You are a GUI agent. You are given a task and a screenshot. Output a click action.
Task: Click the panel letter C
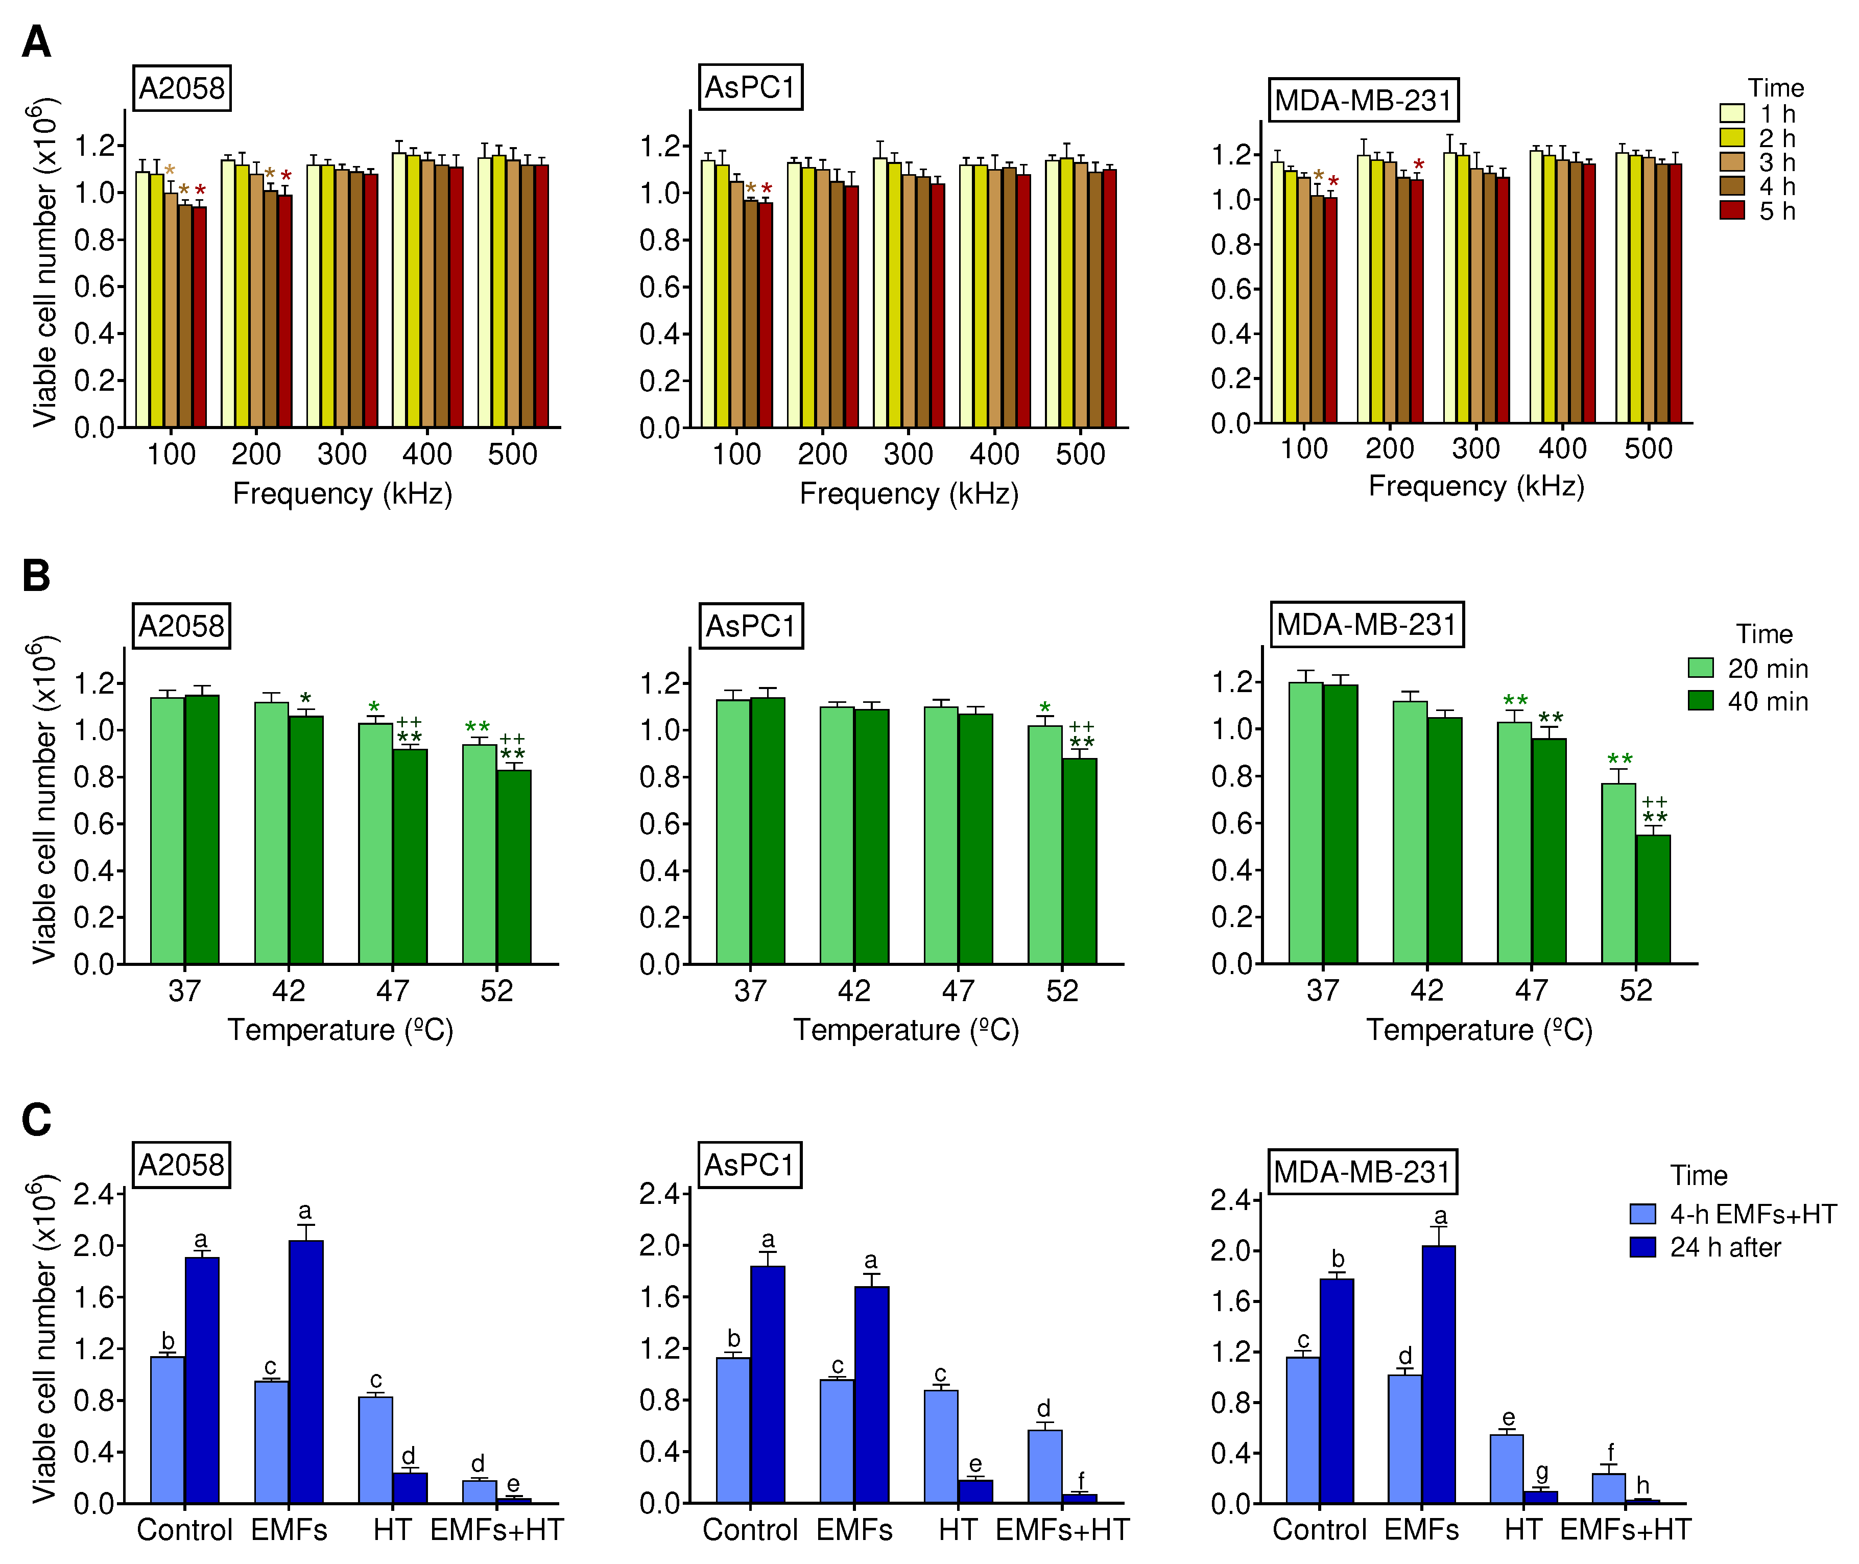[x=36, y=1119]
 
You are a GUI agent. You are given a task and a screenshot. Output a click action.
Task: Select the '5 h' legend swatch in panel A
[x=1731, y=210]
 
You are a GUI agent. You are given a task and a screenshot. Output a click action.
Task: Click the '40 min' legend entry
[x=1767, y=701]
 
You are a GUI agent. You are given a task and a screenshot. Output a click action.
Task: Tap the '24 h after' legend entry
[x=1724, y=1247]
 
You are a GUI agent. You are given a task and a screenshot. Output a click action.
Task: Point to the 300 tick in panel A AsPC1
[x=908, y=454]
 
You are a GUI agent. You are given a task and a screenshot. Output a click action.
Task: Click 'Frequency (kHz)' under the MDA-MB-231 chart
[x=1476, y=486]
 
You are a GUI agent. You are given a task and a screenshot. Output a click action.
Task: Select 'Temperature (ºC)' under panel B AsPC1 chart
[x=906, y=1030]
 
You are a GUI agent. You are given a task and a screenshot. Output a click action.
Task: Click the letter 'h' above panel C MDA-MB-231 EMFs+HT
[x=1642, y=1484]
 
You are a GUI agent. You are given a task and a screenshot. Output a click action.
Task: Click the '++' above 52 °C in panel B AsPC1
[x=1082, y=727]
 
